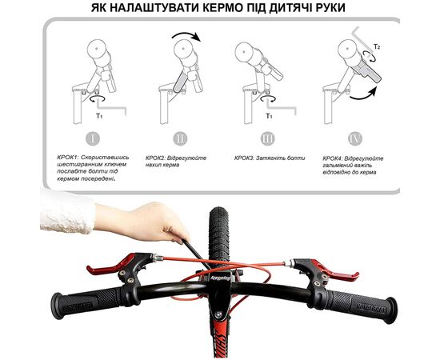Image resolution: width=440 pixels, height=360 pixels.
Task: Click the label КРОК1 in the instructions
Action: point(70,158)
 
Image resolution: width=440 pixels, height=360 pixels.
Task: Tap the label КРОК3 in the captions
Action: point(250,158)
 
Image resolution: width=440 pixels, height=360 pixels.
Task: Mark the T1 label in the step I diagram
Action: point(98,114)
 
